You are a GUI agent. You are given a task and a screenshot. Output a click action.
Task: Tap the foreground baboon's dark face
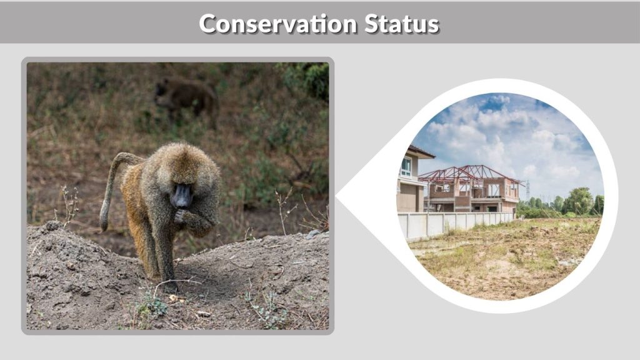(182, 196)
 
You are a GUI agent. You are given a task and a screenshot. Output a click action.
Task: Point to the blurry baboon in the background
(185, 96)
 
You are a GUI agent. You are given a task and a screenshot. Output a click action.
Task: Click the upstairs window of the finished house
(407, 166)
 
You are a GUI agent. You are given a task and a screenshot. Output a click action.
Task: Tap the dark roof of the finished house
(420, 152)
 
